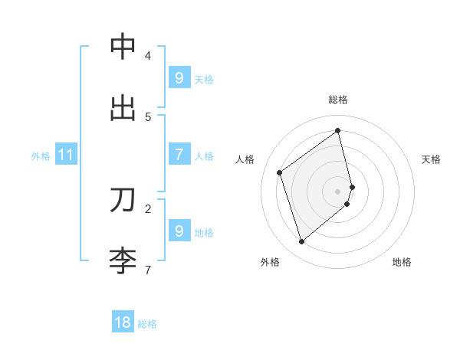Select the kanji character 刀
(123, 199)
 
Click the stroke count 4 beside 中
(148, 56)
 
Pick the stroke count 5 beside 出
(148, 117)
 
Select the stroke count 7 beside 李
(148, 270)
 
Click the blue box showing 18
(123, 322)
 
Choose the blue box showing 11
(66, 155)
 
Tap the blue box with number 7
(179, 155)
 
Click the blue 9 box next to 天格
(179, 78)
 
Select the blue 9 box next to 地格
(179, 231)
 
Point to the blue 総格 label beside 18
(147, 324)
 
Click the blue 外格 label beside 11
(41, 156)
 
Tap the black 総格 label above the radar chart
(338, 100)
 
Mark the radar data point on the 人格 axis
(280, 172)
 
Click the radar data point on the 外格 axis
(301, 242)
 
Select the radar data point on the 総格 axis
(338, 130)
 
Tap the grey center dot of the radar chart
(338, 191)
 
